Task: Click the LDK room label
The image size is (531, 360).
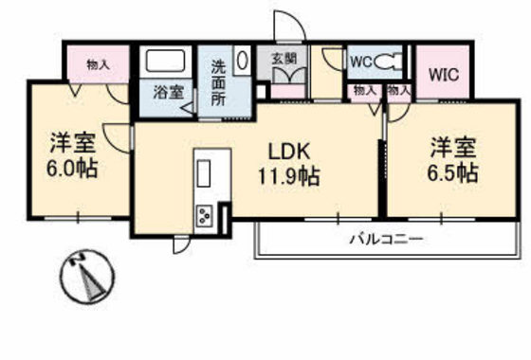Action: point(288,151)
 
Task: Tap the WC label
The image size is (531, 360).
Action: point(360,62)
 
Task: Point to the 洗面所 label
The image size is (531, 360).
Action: point(218,81)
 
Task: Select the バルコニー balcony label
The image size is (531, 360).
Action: point(385,238)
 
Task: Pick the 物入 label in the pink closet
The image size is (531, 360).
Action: point(98,64)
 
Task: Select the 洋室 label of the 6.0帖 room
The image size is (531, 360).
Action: point(73,145)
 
